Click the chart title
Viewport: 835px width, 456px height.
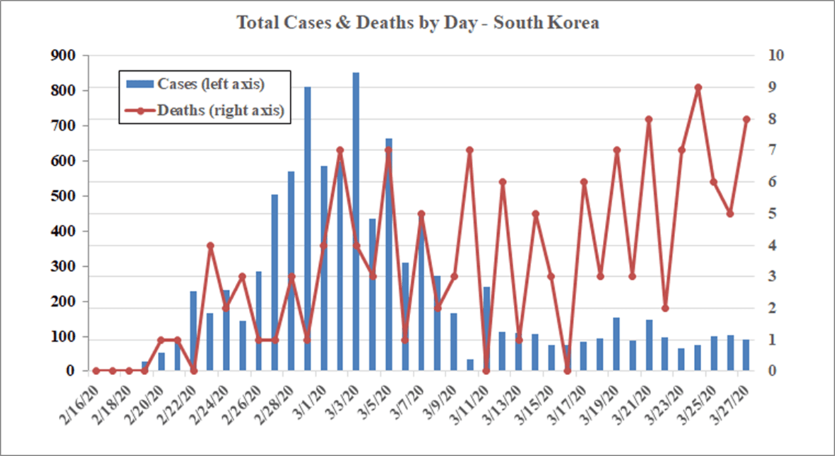[417, 23]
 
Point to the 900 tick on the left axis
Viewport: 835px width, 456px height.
[64, 55]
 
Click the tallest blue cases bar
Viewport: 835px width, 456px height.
[356, 221]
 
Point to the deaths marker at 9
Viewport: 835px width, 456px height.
[698, 88]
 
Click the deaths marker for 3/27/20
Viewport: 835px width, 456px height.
[747, 119]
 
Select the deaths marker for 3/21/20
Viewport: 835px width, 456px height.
[648, 119]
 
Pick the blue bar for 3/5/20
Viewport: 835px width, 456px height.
[389, 254]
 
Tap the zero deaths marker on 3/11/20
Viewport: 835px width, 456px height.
[486, 371]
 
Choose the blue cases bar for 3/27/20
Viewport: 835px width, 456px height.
[747, 355]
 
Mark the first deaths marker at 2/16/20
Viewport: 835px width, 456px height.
[96, 370]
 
